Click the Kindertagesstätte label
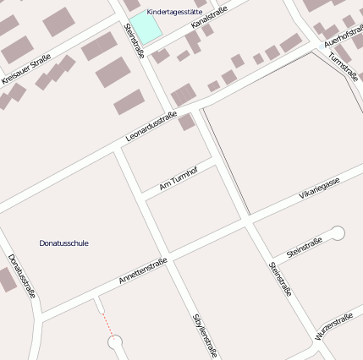pos(174,12)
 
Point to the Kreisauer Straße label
pos(25,69)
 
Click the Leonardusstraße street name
pos(151,127)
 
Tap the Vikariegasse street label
pos(319,189)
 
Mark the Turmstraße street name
pos(344,67)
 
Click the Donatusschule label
pos(63,243)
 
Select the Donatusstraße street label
pos(22,275)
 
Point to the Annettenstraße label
pos(142,270)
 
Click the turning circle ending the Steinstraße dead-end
pos(338,232)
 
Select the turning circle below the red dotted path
pos(116,343)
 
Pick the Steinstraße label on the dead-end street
pos(304,248)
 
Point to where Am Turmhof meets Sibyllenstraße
pos(141,195)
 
